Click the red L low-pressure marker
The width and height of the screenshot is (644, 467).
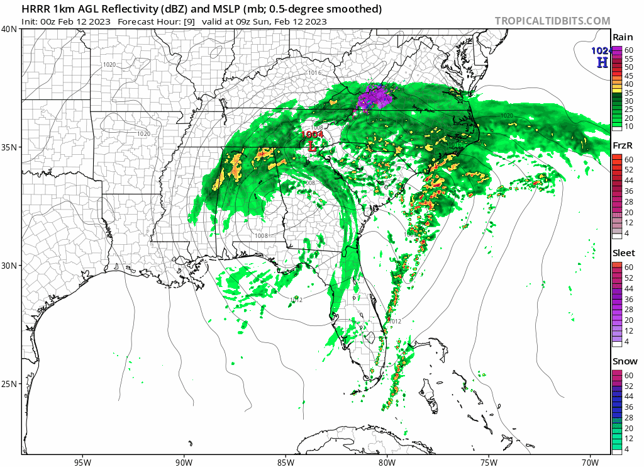tap(311, 146)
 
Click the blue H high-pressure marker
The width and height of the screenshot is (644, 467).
tap(602, 62)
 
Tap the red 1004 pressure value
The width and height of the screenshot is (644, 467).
tap(312, 134)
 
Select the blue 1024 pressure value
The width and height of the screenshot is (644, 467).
tap(601, 51)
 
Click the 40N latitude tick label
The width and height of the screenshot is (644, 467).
tap(9, 29)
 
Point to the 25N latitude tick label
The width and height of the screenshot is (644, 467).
tap(9, 384)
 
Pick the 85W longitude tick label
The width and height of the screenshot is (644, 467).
tap(286, 461)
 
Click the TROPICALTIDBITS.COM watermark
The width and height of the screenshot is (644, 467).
tap(552, 21)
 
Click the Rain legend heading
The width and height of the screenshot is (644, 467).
tap(623, 37)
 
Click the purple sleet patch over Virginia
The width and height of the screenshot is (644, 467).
tap(374, 98)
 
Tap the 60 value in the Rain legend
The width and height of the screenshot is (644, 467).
tap(628, 50)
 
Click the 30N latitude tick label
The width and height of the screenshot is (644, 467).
tap(9, 266)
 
